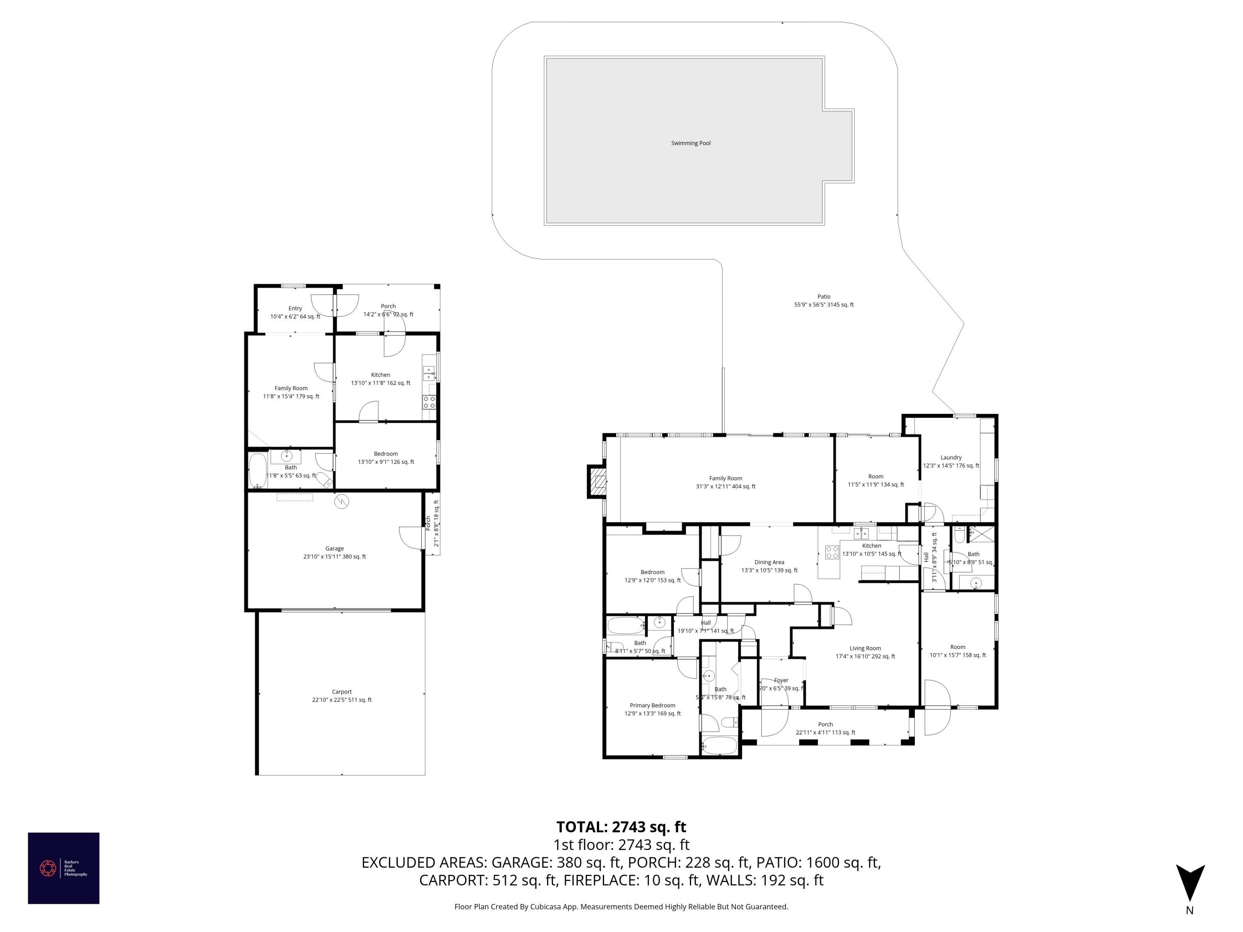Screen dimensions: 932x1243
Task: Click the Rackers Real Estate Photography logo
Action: tap(63, 868)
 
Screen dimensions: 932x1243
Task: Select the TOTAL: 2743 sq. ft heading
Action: tap(621, 827)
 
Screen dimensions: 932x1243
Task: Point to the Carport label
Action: tap(342, 692)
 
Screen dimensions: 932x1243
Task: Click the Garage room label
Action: tap(334, 549)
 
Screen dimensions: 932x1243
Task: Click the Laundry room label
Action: tap(951, 457)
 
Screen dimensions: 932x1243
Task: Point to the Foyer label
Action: tap(781, 680)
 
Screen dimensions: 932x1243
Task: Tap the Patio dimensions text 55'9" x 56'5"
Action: tap(824, 305)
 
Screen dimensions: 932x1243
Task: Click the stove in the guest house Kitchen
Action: tap(429, 402)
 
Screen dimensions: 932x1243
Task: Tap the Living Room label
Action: tap(865, 648)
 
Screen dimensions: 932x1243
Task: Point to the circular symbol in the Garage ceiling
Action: tap(342, 502)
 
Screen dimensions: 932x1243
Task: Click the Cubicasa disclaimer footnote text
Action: tap(621, 907)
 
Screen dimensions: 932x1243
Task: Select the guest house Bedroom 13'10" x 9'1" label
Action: tap(385, 458)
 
